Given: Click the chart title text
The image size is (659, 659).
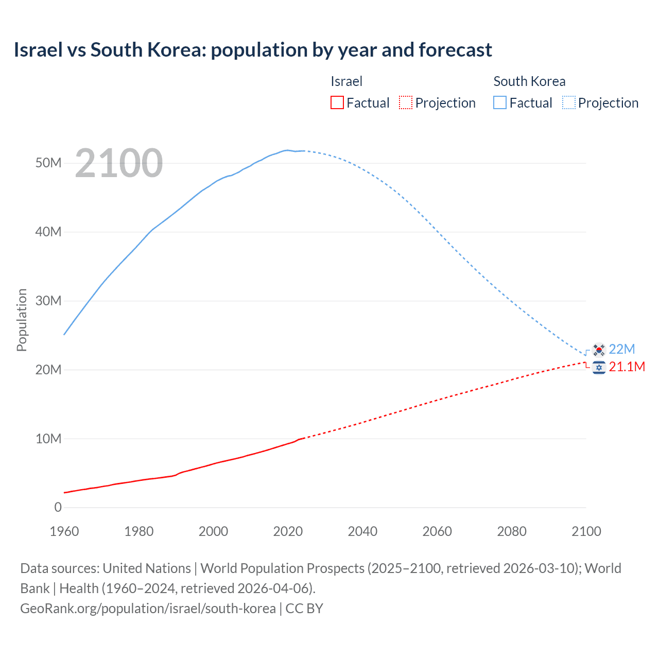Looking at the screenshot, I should pyautogui.click(x=253, y=50).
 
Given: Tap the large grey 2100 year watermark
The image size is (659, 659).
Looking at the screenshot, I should pyautogui.click(x=119, y=163).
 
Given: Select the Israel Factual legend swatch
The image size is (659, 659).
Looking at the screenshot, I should pyautogui.click(x=337, y=102).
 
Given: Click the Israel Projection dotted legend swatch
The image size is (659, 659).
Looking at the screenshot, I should pyautogui.click(x=406, y=102).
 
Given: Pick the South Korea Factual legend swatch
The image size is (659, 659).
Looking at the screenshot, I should pyautogui.click(x=500, y=102).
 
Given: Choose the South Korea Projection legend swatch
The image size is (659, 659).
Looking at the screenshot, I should pyautogui.click(x=568, y=102).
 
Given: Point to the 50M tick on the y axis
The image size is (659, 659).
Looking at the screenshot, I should pyautogui.click(x=48, y=163).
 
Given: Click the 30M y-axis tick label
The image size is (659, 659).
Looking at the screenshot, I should pyautogui.click(x=48, y=301).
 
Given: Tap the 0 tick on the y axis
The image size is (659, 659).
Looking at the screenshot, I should pyautogui.click(x=58, y=507).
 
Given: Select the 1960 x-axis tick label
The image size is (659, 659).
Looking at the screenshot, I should pyautogui.click(x=64, y=531).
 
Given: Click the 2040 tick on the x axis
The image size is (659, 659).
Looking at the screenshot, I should pyautogui.click(x=362, y=531).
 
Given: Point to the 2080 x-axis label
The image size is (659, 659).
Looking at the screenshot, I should pyautogui.click(x=512, y=531).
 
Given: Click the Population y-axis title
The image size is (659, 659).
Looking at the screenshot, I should pyautogui.click(x=22, y=320).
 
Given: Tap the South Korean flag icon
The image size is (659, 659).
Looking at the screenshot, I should pyautogui.click(x=599, y=350).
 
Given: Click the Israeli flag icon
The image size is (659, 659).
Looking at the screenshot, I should pyautogui.click(x=599, y=368).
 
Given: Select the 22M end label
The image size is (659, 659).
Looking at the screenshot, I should pyautogui.click(x=622, y=349).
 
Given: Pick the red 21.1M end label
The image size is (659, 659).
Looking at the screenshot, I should pyautogui.click(x=627, y=367).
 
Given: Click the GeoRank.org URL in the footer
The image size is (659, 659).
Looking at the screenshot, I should pyautogui.click(x=148, y=609).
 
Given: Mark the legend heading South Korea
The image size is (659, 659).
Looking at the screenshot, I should pyautogui.click(x=529, y=81).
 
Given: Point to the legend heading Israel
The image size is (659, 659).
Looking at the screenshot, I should pyautogui.click(x=346, y=81).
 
